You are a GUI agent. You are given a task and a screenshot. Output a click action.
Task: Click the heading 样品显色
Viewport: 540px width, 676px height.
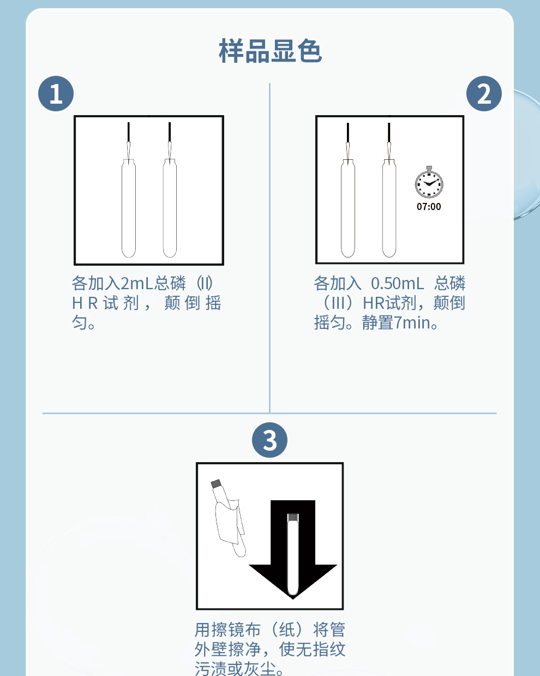(x=270, y=51)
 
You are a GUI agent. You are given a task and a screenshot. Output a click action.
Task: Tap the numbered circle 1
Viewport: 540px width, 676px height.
(x=56, y=94)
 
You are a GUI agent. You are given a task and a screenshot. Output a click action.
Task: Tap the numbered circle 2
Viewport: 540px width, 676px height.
(x=484, y=94)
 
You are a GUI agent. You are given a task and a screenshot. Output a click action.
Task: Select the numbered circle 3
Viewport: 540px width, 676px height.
(x=269, y=440)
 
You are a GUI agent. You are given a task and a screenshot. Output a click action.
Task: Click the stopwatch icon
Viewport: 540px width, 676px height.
(x=429, y=182)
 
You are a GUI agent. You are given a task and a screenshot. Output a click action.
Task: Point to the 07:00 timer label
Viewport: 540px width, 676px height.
(x=429, y=207)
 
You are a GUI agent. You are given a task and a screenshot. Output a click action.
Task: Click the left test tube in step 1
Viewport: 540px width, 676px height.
(x=129, y=208)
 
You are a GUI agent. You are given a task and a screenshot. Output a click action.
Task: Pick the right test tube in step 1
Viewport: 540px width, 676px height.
(x=170, y=208)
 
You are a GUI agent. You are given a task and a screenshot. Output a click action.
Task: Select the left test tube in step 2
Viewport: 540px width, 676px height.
(x=348, y=208)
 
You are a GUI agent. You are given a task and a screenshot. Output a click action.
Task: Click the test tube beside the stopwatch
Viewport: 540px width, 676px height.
(x=389, y=208)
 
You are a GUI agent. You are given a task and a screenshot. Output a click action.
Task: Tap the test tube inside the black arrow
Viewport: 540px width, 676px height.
(x=293, y=554)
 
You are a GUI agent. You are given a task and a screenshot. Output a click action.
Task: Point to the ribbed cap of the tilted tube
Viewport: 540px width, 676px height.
(x=216, y=483)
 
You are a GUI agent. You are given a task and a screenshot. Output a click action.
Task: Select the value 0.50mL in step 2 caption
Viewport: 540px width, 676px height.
(x=398, y=283)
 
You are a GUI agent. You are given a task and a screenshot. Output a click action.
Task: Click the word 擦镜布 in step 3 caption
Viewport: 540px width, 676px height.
(x=228, y=630)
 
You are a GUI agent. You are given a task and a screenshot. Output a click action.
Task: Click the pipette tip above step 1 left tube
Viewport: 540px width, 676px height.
(x=129, y=141)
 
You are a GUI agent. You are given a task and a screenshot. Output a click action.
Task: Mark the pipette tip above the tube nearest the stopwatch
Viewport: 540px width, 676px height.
(x=389, y=141)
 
